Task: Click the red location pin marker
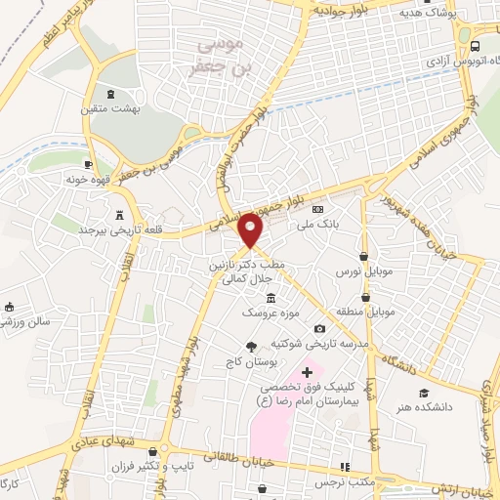(251, 230)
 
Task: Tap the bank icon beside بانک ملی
(316, 210)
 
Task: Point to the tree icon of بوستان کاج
(252, 347)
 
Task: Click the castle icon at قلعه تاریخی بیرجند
(120, 215)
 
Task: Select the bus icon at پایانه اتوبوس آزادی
(475, 46)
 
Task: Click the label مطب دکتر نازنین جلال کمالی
(233, 271)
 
